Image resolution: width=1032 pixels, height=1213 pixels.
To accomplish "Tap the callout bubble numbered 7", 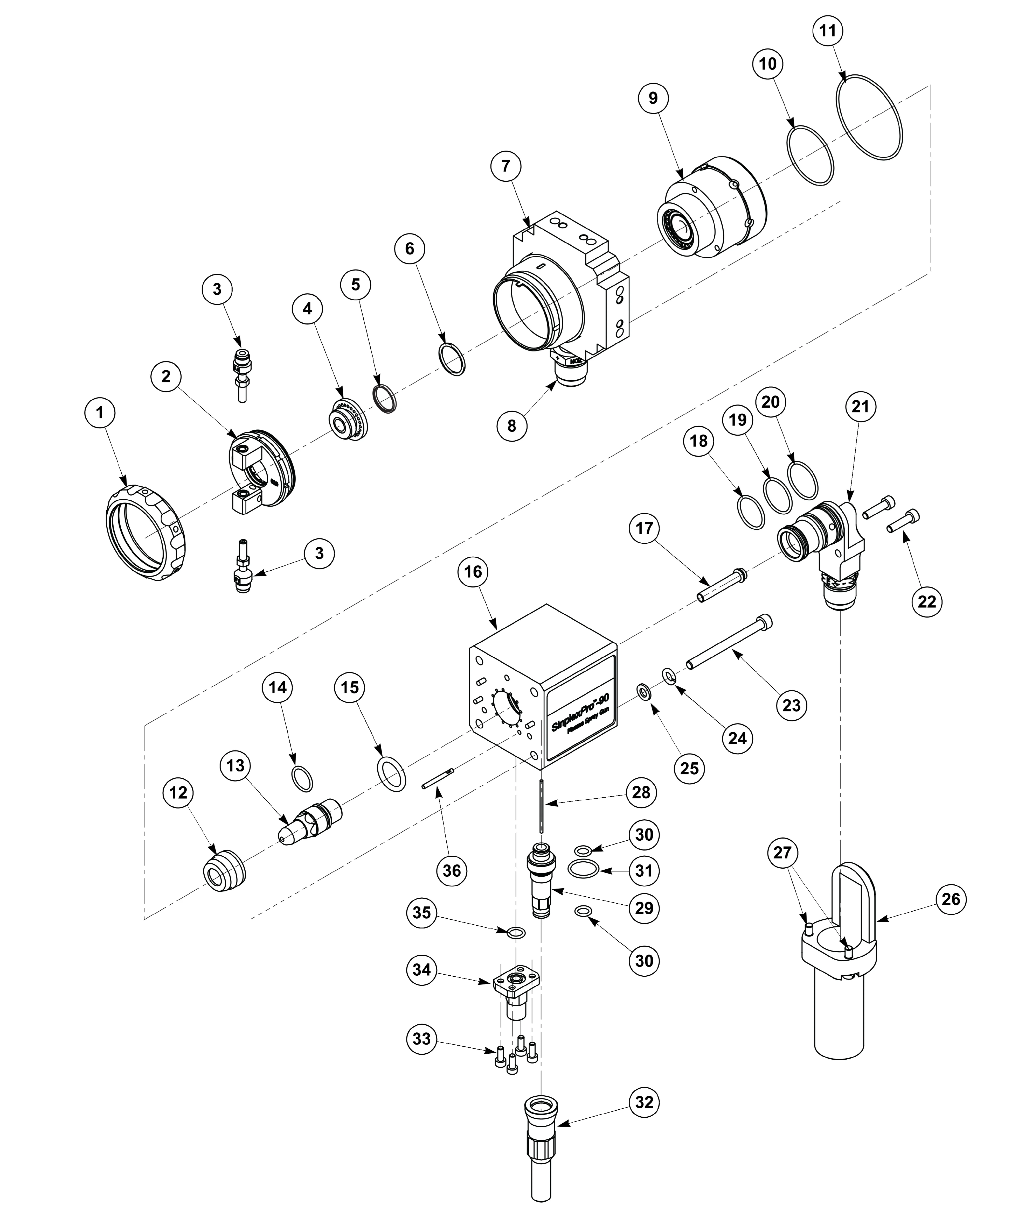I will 505,166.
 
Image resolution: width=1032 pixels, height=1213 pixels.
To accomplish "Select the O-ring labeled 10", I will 810,155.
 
